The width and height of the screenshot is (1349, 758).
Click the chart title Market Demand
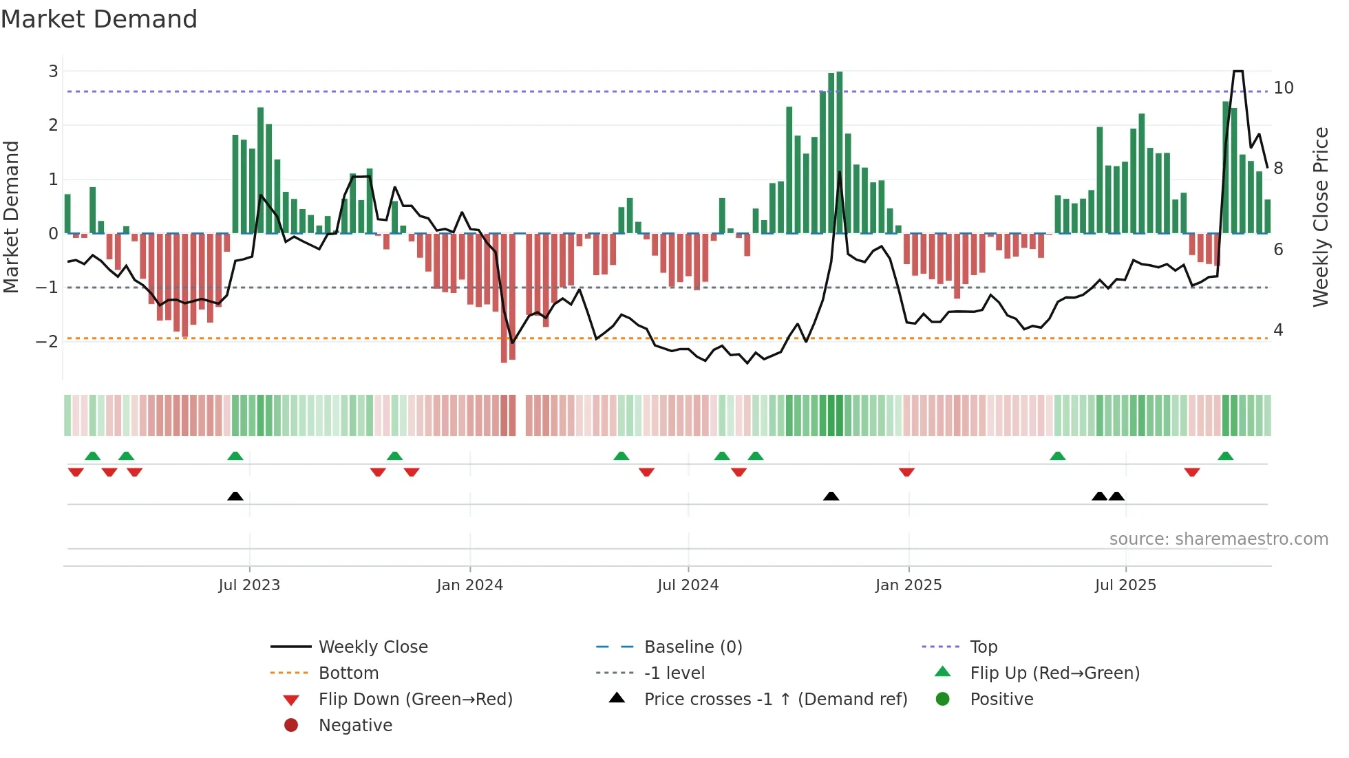[x=99, y=19]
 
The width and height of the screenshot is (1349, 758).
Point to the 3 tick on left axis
[x=53, y=71]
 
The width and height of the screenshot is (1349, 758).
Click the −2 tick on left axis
[x=47, y=341]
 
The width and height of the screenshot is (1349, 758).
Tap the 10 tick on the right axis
[x=1283, y=88]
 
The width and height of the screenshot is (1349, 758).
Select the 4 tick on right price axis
[x=1278, y=330]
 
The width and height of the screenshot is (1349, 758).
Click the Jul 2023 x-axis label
[x=249, y=585]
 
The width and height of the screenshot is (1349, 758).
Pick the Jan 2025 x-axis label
[x=909, y=585]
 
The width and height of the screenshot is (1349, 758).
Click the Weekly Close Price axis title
[x=1320, y=217]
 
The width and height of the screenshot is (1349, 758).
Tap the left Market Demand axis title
[x=12, y=217]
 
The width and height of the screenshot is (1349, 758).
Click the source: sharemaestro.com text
[x=1218, y=539]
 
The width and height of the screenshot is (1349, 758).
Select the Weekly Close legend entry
[x=372, y=647]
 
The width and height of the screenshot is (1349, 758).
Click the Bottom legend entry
[x=348, y=673]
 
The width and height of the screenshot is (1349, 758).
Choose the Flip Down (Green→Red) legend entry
[x=415, y=700]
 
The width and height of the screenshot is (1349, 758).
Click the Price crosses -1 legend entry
[x=775, y=700]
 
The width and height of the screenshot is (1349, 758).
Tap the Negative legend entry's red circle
[x=291, y=726]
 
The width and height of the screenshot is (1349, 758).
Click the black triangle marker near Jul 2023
[x=235, y=496]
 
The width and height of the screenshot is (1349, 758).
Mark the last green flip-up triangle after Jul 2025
[x=1225, y=456]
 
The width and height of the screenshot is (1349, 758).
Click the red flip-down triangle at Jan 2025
[x=906, y=472]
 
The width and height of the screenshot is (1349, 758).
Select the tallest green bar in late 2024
[x=839, y=151]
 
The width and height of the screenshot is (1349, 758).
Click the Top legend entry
[x=983, y=647]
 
